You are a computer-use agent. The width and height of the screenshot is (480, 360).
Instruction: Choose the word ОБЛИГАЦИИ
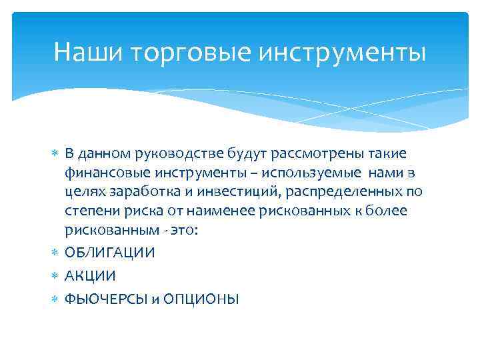111,253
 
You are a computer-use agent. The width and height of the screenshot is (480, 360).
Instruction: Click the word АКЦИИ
90,276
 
